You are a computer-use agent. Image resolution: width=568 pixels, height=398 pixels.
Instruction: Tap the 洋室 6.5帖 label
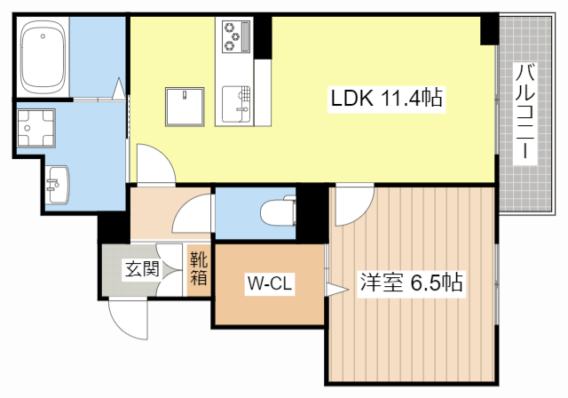point(410,283)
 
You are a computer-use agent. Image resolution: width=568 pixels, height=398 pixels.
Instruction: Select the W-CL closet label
point(270,284)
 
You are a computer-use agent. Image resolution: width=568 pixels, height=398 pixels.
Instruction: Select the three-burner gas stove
point(233,36)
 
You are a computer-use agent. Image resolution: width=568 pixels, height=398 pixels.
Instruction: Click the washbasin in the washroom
point(59,184)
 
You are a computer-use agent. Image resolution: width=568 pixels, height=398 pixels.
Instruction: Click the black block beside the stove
point(262,35)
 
